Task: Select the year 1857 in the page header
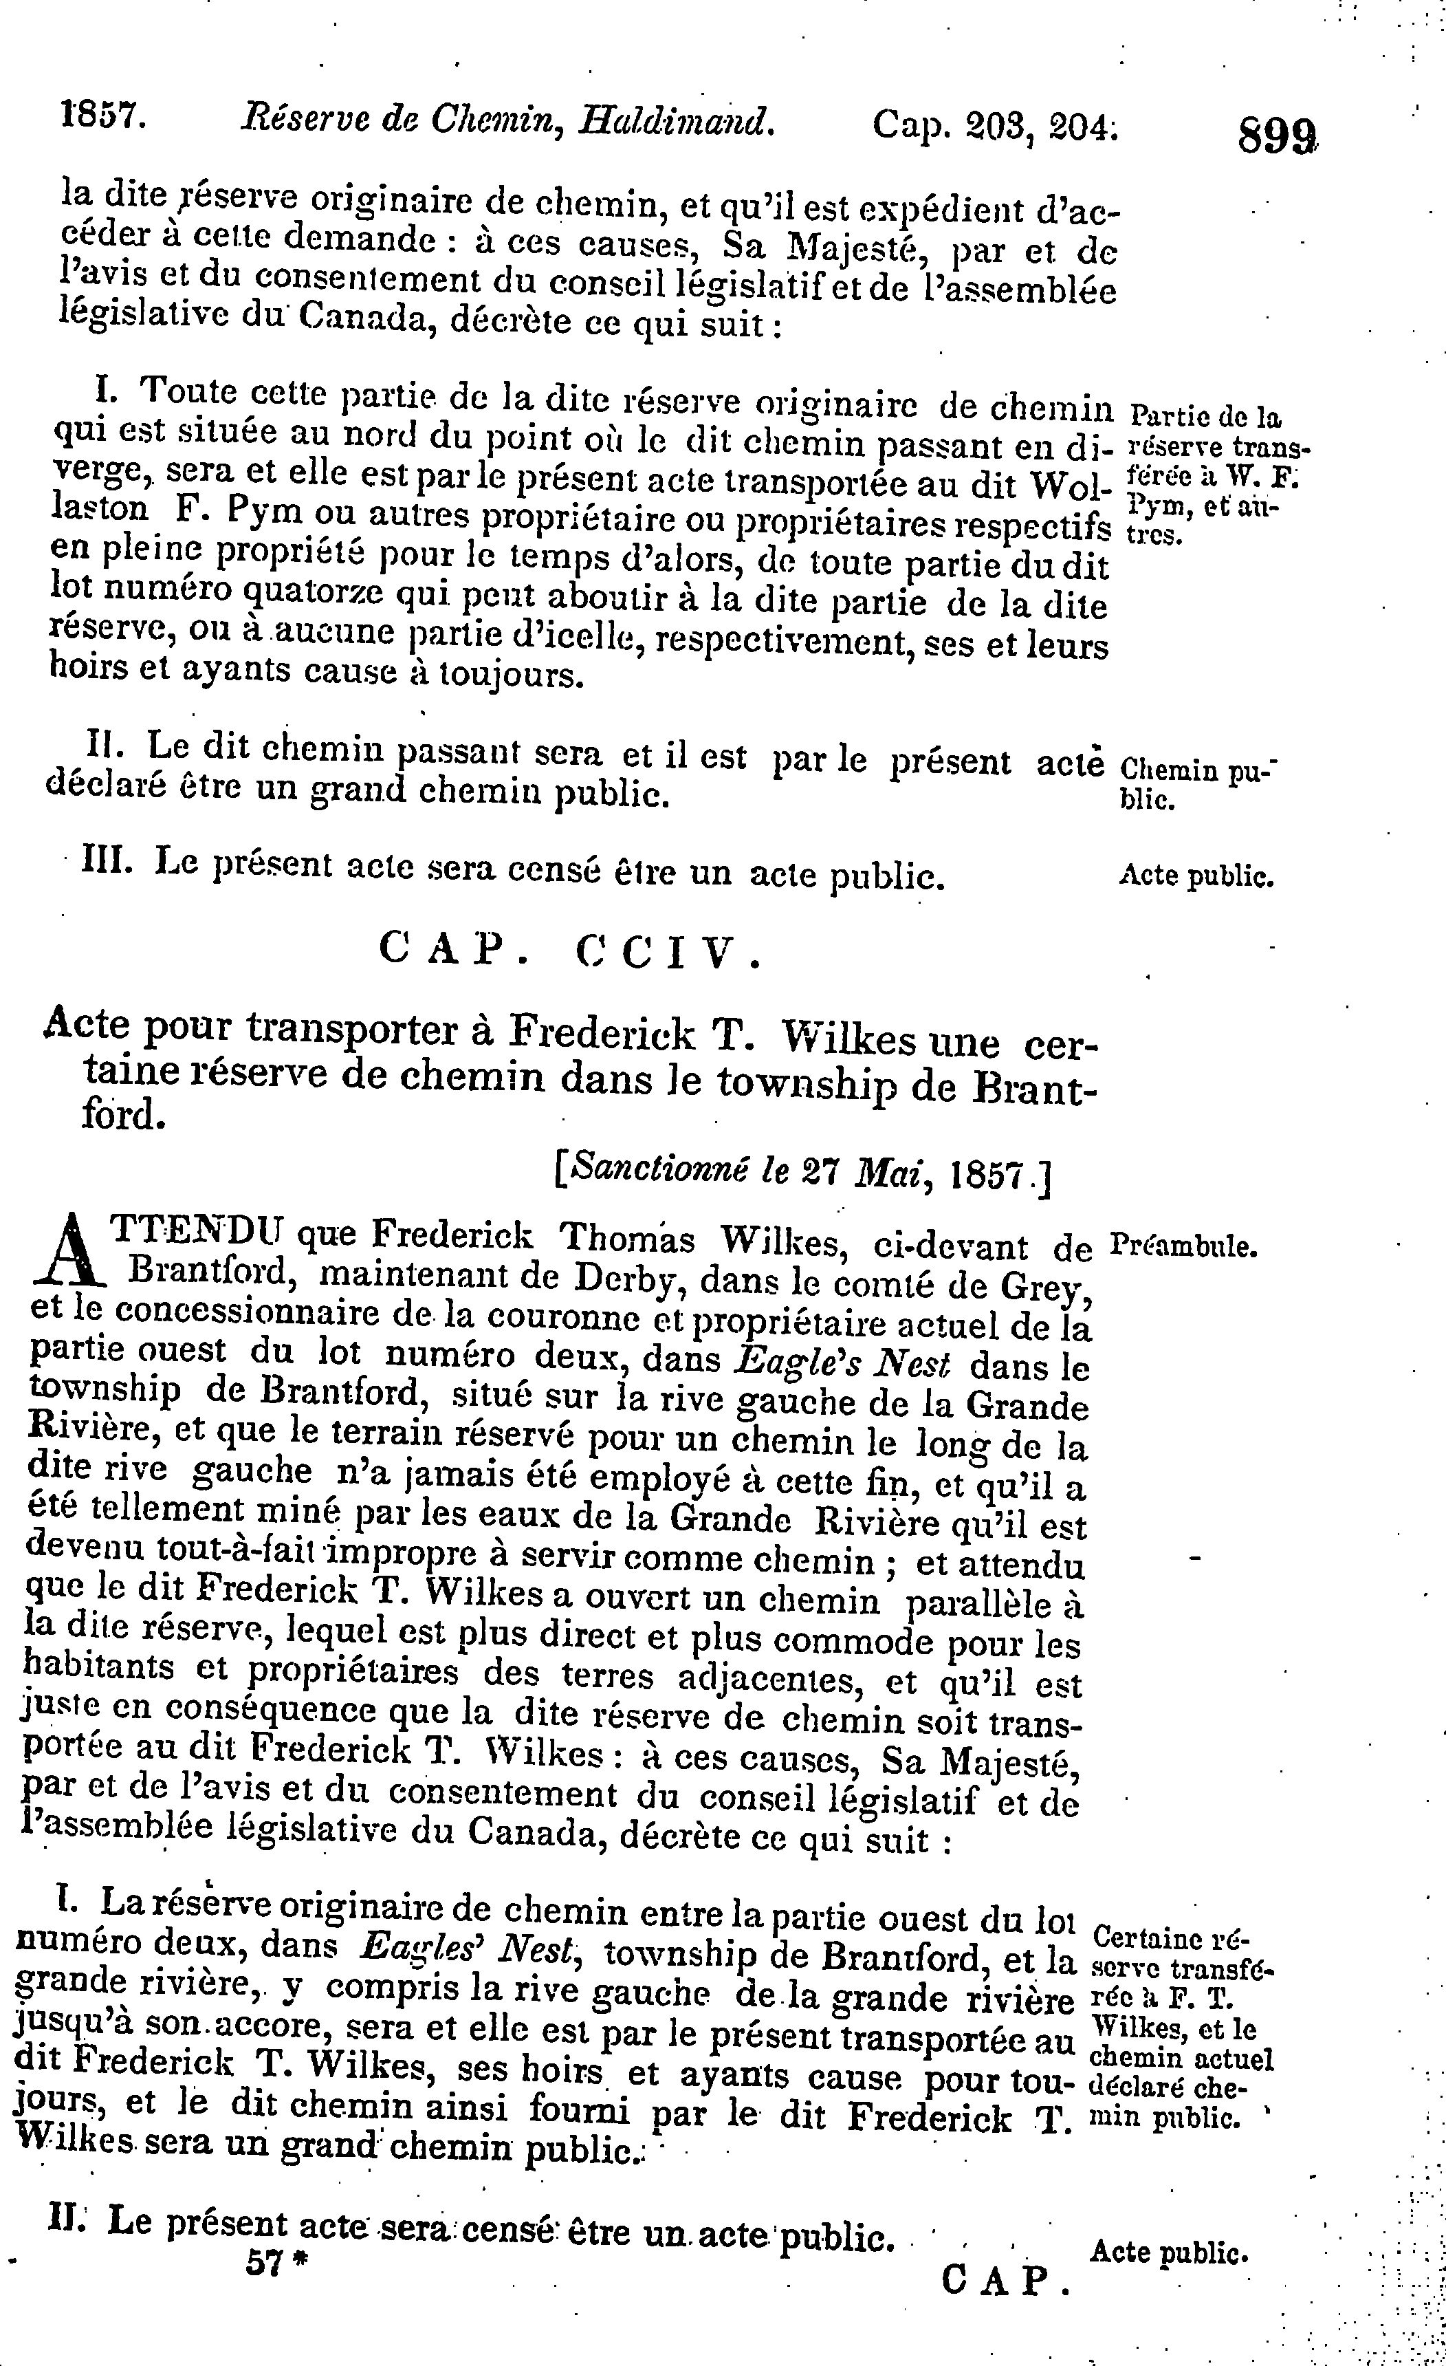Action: click(x=99, y=118)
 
